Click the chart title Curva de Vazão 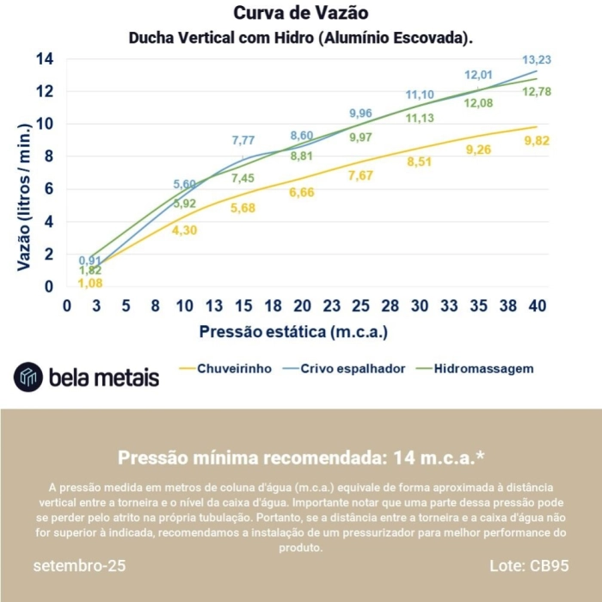[301, 14]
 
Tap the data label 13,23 [537, 60]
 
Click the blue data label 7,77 [243, 140]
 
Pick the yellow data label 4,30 [184, 230]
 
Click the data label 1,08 [90, 283]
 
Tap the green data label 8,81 [302, 157]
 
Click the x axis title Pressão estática [294, 331]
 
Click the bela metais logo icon [28, 376]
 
